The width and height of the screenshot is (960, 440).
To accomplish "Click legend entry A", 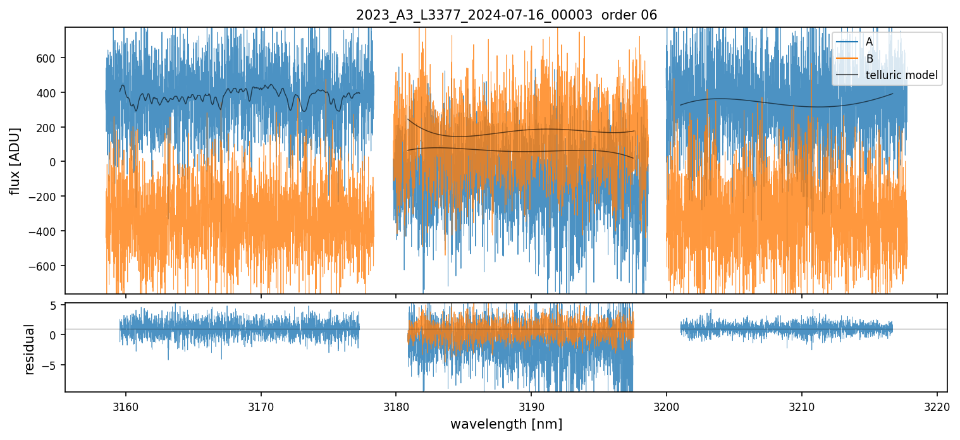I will (870, 42).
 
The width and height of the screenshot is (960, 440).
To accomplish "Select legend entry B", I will (870, 59).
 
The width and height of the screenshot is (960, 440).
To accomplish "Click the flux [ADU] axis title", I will (15, 161).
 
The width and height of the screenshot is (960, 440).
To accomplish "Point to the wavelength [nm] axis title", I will (506, 424).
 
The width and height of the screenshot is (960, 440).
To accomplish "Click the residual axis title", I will (29, 349).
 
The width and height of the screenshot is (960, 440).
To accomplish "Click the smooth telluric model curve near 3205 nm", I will (734, 99).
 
